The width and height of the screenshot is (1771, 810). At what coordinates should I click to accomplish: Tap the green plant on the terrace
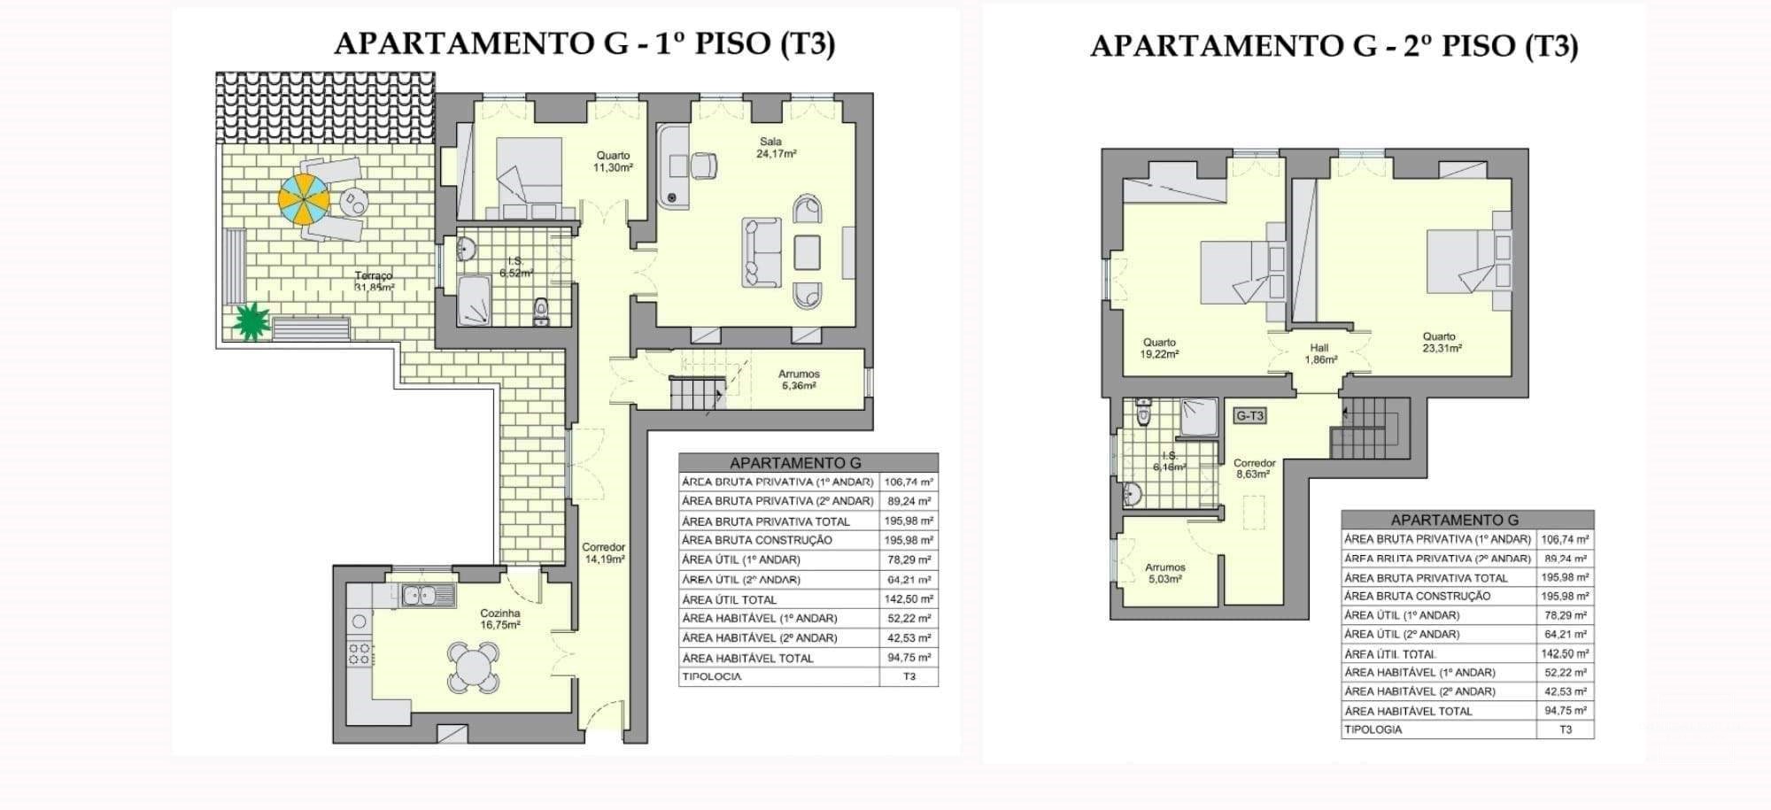[x=251, y=321]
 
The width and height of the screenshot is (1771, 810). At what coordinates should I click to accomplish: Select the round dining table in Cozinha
[x=473, y=665]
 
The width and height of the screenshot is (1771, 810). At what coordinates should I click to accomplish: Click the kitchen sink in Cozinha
[x=428, y=595]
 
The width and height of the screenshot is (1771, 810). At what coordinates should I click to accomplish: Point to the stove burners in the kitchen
[x=359, y=653]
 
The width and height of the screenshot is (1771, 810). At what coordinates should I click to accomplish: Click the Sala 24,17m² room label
[x=776, y=147]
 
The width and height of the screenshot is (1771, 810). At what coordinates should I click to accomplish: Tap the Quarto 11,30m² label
[x=613, y=161]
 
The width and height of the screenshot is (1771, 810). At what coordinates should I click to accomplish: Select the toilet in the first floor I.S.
[x=542, y=312]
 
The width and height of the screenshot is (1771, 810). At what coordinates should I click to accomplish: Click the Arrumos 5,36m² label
[x=799, y=380]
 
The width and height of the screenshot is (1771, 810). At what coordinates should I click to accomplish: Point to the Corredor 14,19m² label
[x=604, y=553]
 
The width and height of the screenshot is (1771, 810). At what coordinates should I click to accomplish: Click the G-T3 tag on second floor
[x=1249, y=415]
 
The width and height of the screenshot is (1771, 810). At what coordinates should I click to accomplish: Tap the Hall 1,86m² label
[x=1319, y=353]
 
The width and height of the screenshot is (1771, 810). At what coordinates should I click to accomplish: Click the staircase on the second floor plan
[x=1368, y=429]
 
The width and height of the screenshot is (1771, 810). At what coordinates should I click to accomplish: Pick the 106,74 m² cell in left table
[x=909, y=482]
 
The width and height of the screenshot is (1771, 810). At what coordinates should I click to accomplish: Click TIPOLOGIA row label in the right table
[x=1373, y=729]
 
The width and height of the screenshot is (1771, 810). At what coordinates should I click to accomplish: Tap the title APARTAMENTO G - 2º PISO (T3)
[x=1334, y=45]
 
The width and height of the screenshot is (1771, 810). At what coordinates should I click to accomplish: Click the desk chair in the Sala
[x=703, y=166]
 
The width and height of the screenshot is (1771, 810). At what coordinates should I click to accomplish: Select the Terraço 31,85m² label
[x=374, y=282]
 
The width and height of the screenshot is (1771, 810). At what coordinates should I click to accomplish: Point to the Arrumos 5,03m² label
[x=1164, y=573]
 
